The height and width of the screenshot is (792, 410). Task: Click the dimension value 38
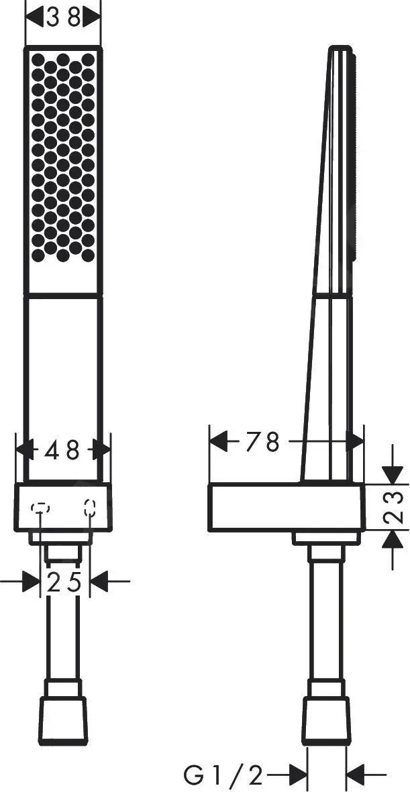[x=63, y=18]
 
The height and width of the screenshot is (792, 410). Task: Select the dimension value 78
[x=262, y=443]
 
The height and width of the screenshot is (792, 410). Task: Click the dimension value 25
[x=64, y=583]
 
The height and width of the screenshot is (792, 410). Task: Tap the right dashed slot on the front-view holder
[x=90, y=507]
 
